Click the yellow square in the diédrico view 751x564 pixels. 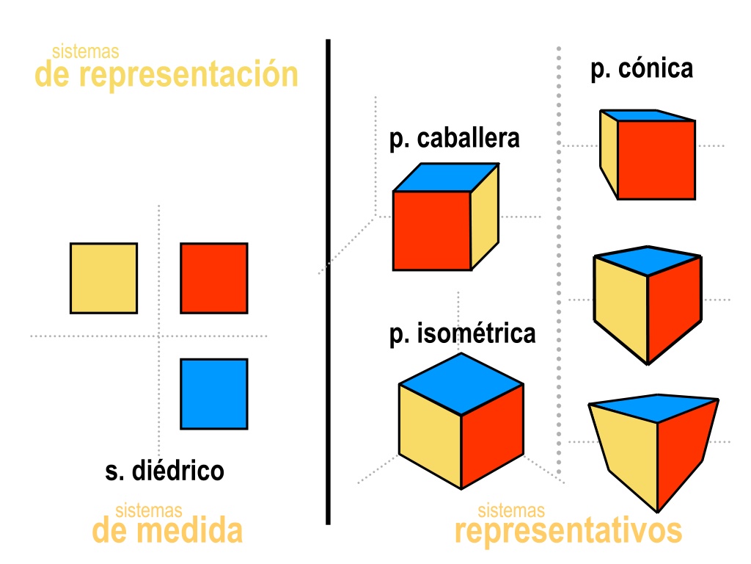104,278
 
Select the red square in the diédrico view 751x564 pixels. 214,278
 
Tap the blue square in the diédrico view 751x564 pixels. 214,394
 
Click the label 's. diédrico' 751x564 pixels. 165,471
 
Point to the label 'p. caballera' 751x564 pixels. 454,139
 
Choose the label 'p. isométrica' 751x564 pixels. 462,334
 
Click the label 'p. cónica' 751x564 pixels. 642,69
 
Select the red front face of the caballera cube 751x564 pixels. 431,231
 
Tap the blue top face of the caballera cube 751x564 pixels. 446,178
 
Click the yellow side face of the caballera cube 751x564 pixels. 485,217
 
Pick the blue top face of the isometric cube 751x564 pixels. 461,384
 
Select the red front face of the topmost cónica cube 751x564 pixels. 656,159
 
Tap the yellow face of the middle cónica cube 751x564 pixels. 620,307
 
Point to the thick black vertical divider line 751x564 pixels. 328,282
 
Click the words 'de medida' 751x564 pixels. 167,530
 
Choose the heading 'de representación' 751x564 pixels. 166,74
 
